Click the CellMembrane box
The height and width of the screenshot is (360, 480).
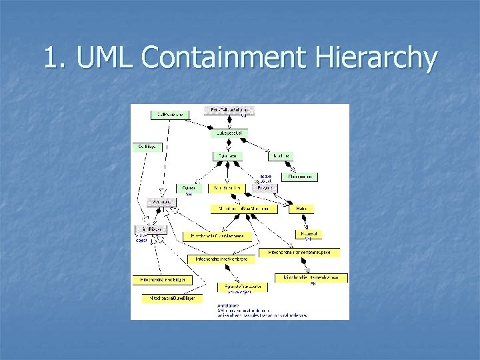[x=169, y=115]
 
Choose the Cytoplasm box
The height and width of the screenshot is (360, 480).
[x=227, y=155]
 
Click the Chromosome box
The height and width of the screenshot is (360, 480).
[x=299, y=177]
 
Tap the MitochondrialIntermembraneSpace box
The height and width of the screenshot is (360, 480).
[x=303, y=253]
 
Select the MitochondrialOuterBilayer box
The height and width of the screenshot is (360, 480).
[x=168, y=299]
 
